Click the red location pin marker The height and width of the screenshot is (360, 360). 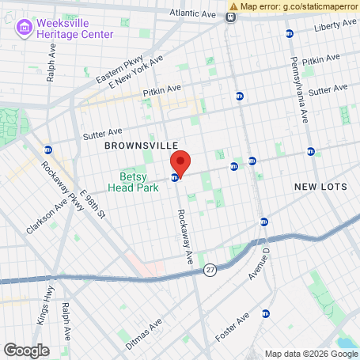coord(180,163)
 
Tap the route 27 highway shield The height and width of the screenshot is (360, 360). coord(210,271)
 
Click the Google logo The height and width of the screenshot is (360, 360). coord(26,350)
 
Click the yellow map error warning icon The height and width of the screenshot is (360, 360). coord(233,6)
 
